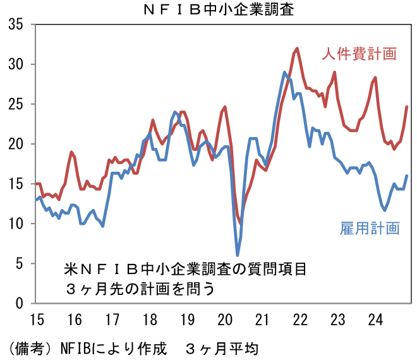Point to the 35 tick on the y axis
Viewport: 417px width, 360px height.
coord(16,25)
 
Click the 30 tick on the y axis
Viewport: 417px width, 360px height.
coord(16,64)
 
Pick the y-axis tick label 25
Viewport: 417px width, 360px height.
coord(16,104)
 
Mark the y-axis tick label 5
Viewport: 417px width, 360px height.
coord(20,263)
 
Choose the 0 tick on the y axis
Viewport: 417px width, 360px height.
coord(20,303)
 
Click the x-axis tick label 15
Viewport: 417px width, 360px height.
coord(36,319)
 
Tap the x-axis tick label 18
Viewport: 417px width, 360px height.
coord(150,319)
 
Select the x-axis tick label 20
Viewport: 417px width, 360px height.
coord(225,319)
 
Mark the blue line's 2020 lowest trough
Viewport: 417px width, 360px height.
coord(238,255)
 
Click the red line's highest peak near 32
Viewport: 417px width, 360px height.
coord(297,48)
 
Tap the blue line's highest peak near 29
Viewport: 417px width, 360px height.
coord(284,72)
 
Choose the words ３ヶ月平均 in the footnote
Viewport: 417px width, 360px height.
coord(222,347)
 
